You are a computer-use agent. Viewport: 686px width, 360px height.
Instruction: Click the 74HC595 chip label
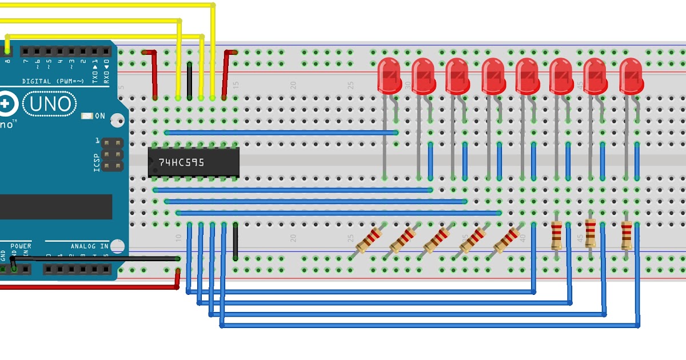(x=181, y=162)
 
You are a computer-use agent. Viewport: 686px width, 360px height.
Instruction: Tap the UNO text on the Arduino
(x=51, y=104)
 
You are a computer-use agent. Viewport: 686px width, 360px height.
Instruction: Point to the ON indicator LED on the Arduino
(x=87, y=116)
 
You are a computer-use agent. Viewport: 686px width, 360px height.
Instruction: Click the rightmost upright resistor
(x=627, y=236)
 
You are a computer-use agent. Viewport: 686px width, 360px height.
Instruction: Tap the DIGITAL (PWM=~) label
(x=53, y=81)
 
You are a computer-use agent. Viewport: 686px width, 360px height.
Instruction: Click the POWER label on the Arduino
(x=21, y=246)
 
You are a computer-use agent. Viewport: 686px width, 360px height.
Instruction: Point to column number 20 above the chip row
(x=293, y=85)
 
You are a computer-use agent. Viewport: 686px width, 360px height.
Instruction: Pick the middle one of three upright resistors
(x=591, y=236)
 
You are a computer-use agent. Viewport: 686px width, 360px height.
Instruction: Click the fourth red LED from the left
(x=493, y=75)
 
